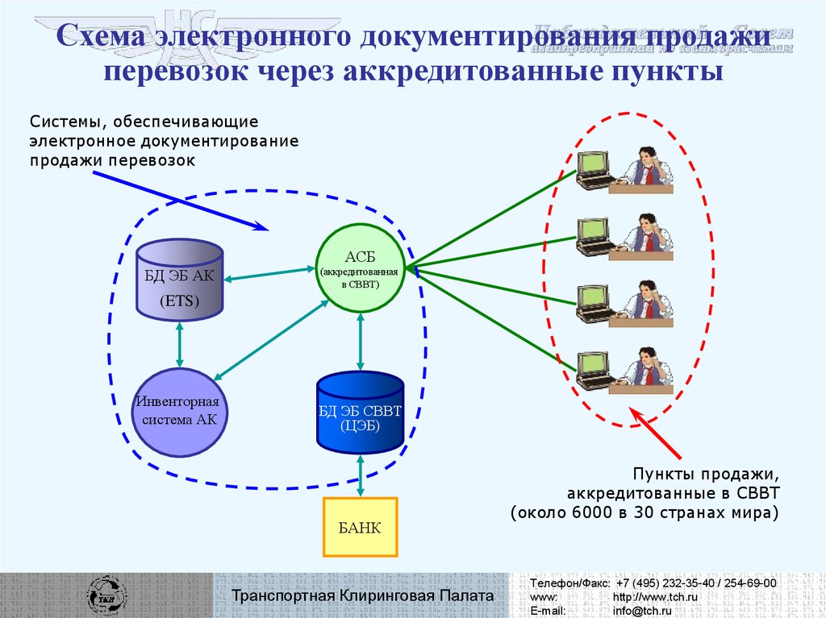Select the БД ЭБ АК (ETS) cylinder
[x=179, y=280]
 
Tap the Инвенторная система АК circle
[x=179, y=410]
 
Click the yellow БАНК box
[x=360, y=527]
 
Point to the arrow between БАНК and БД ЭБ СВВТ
[x=360, y=475]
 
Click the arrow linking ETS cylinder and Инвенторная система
[x=179, y=344]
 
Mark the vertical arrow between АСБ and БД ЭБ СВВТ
[x=360, y=343]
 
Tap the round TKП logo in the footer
[x=107, y=595]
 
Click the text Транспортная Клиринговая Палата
[x=362, y=595]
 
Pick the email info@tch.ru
[x=642, y=612]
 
